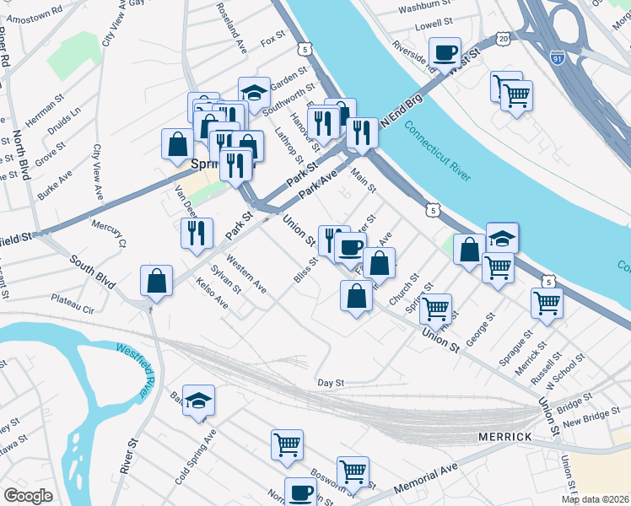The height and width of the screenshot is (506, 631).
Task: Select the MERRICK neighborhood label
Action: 504,437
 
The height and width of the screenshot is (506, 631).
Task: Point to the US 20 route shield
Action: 504,39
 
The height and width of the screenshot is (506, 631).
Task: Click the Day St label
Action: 332,383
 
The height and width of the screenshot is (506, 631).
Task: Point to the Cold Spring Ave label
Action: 195,456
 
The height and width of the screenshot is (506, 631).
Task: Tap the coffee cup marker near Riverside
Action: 445,52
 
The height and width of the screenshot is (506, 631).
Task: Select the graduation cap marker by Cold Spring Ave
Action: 198,400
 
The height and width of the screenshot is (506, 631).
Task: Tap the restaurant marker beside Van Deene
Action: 197,232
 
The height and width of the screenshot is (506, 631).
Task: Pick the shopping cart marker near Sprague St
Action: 547,303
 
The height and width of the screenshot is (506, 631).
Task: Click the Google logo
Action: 28,496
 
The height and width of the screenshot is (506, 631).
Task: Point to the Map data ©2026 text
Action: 595,499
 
